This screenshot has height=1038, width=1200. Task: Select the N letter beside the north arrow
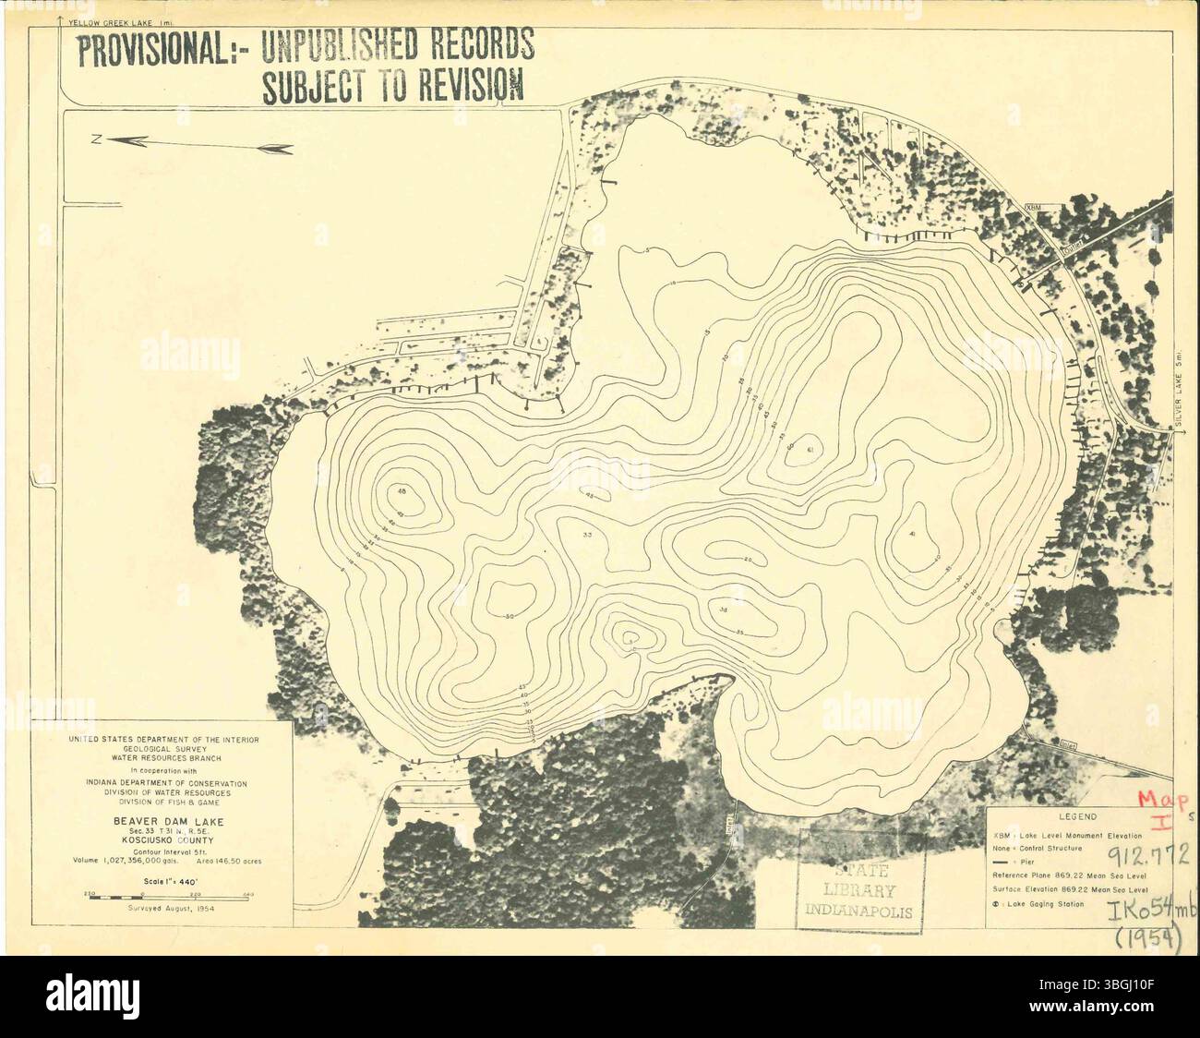tap(95, 139)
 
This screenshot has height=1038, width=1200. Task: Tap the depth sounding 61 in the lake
tap(810, 450)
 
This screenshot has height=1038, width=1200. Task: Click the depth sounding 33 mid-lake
tap(587, 536)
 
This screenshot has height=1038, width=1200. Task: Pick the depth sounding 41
tap(910, 535)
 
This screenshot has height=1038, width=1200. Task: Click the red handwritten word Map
tap(1158, 801)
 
